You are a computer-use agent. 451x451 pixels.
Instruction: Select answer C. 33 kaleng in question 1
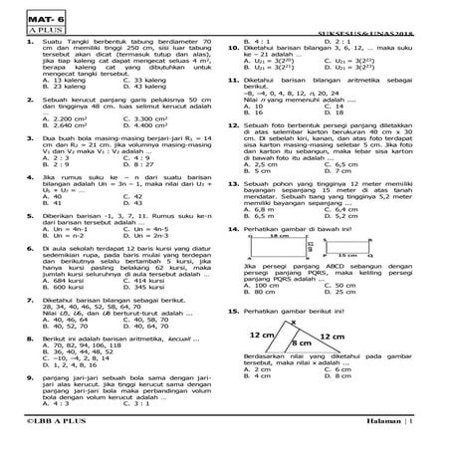(x=158, y=77)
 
